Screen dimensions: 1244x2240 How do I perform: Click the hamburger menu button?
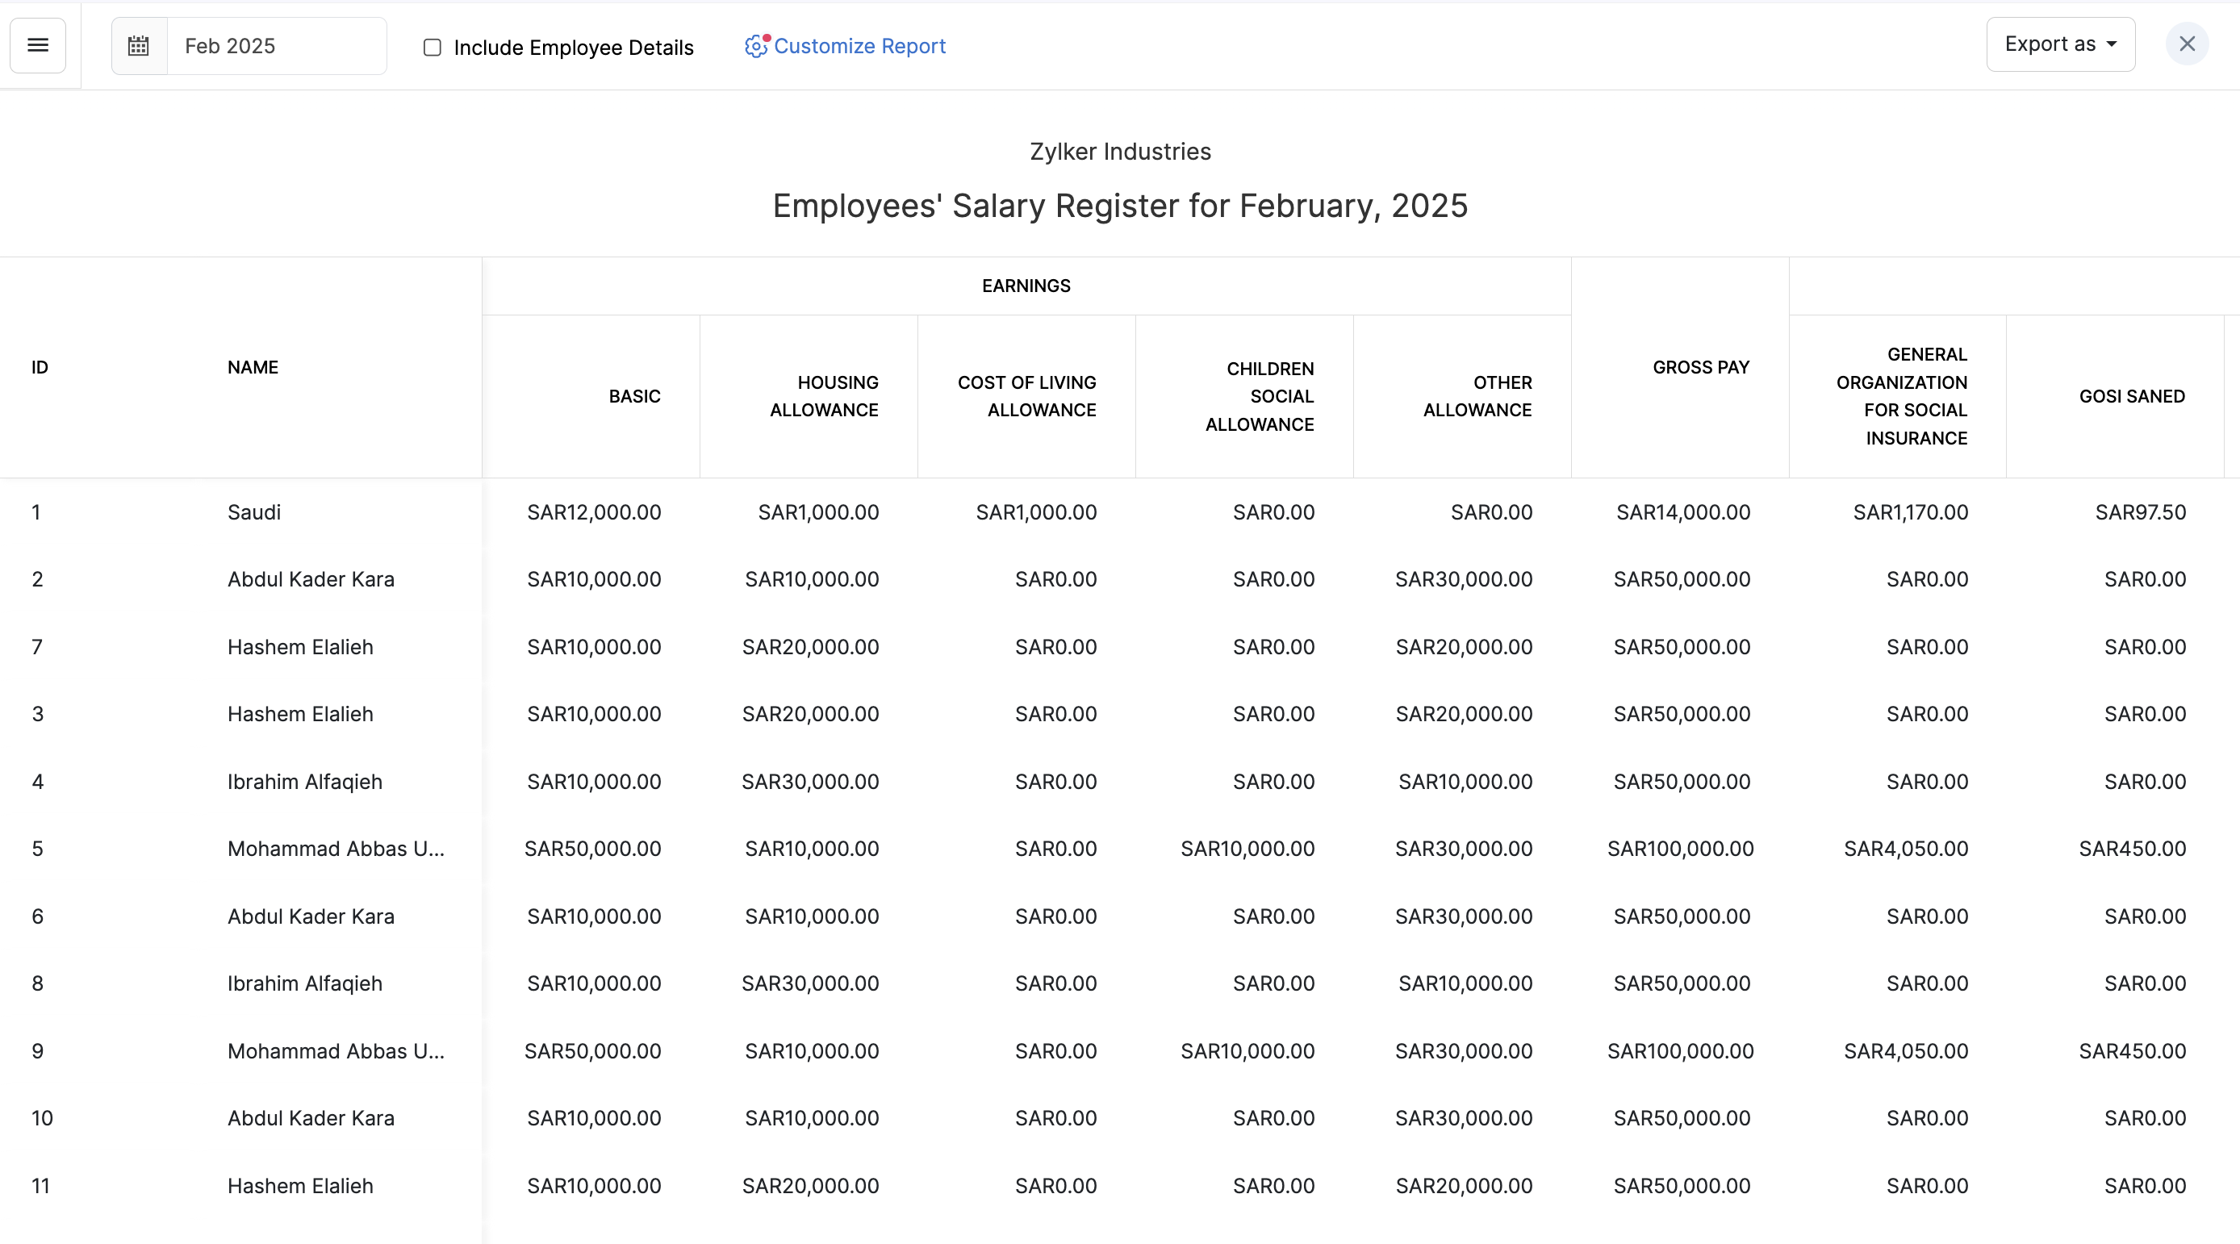37,45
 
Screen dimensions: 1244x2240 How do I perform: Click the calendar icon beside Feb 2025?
139,46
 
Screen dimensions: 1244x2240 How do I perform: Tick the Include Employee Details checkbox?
433,48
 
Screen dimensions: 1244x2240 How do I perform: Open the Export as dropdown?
2060,44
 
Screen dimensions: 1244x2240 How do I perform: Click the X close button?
2186,44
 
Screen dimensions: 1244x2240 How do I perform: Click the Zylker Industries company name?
1120,151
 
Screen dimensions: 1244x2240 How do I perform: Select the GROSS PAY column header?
1700,368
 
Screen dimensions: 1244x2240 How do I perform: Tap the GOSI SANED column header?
2131,396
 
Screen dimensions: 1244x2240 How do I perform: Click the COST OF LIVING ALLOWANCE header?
1027,396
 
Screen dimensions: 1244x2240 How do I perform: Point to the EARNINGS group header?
1026,286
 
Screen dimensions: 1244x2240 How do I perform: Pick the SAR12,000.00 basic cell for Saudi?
594,512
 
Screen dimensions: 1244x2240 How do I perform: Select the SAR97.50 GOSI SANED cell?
2140,512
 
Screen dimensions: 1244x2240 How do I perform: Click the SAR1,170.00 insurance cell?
1911,512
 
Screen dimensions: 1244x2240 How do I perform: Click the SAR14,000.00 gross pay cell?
1682,512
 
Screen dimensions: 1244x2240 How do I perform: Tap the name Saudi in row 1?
254,512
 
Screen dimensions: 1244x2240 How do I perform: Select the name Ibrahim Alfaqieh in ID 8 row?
304,983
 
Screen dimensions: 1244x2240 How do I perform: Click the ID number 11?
41,1186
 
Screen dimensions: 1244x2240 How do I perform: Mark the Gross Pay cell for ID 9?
1680,1051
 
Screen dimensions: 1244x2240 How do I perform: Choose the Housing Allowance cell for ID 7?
809,647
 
